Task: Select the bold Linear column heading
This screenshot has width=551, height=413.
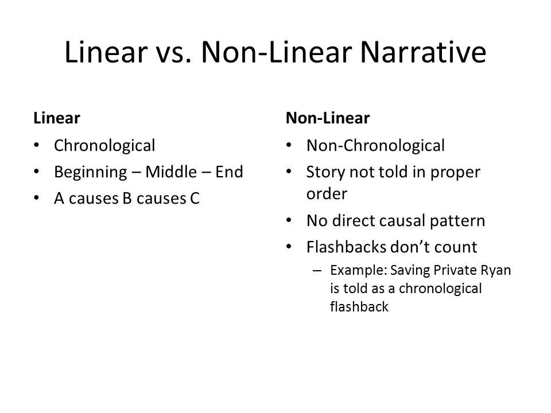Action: point(56,118)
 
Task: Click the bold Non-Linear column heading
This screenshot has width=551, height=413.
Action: point(328,118)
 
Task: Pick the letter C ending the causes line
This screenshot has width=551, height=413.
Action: point(195,198)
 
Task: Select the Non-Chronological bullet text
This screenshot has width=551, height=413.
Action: point(375,146)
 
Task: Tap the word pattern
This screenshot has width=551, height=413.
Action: point(463,221)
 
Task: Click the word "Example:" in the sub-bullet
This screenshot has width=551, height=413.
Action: point(355,270)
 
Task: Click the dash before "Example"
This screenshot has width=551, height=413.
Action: point(317,270)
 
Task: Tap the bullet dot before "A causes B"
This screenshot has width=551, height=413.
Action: point(38,198)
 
